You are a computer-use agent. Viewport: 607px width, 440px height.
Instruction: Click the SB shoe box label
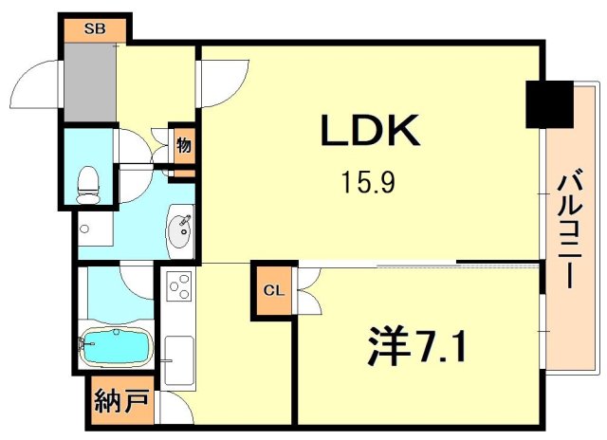click(94, 28)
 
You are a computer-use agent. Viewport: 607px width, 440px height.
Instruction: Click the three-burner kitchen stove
click(179, 285)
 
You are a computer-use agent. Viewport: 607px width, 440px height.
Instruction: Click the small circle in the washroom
click(85, 229)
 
